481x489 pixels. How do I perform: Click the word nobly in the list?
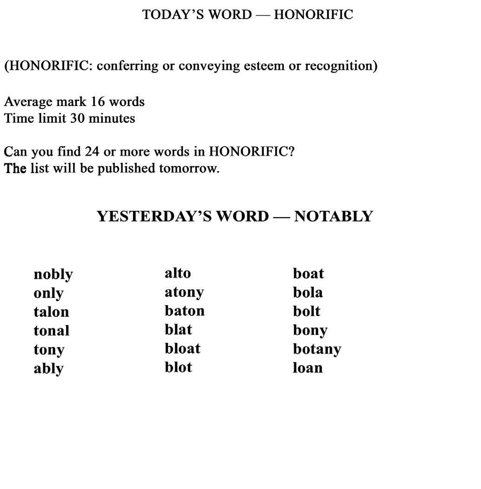click(53, 275)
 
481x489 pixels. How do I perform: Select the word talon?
click(51, 312)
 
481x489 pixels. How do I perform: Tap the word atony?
click(184, 292)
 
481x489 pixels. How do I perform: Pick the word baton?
click(184, 311)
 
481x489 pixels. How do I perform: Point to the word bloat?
click(182, 348)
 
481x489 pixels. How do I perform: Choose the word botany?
click(317, 349)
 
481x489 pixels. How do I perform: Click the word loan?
click(308, 368)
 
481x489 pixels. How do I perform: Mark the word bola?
click(308, 292)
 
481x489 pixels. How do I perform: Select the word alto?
click(178, 273)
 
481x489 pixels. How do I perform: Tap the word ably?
click(48, 368)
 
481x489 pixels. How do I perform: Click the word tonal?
click(51, 331)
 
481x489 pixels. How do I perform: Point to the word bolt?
click(307, 311)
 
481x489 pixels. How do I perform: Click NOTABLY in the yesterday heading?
click(333, 216)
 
